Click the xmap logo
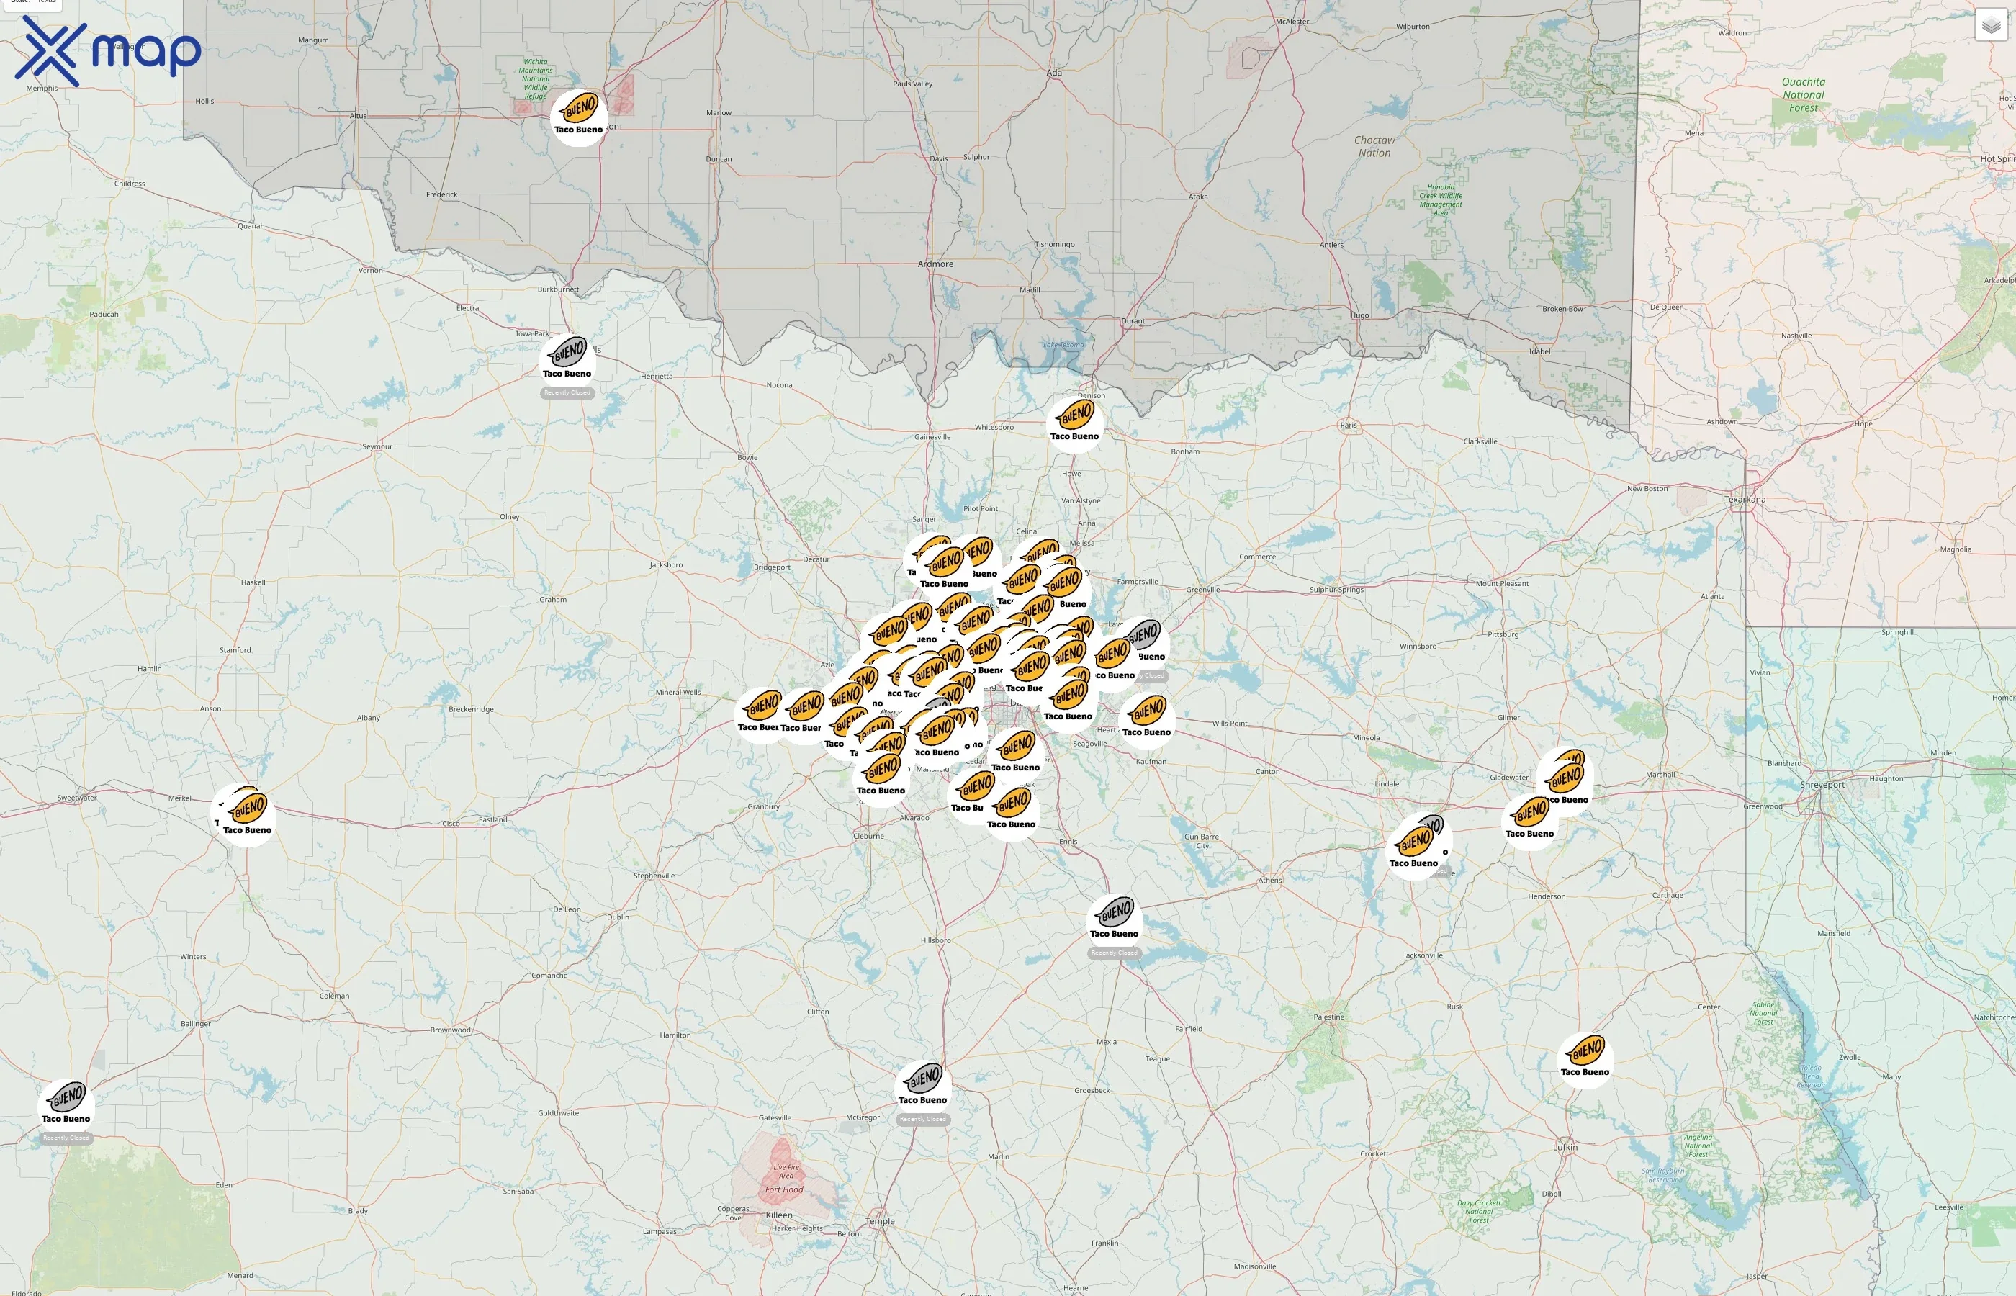(x=108, y=50)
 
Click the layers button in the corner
(x=1991, y=25)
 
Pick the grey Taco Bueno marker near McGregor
(x=923, y=1083)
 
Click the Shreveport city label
(x=1822, y=784)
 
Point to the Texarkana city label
(x=1745, y=500)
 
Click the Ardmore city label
(x=935, y=264)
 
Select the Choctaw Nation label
(x=1374, y=146)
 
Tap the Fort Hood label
(x=783, y=1190)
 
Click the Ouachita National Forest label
(x=1803, y=94)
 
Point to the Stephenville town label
(x=654, y=876)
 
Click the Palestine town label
(x=1328, y=1017)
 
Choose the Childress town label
(x=130, y=184)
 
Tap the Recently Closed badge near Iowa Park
(x=567, y=393)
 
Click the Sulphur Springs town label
(x=1336, y=590)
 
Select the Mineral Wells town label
(x=678, y=693)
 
